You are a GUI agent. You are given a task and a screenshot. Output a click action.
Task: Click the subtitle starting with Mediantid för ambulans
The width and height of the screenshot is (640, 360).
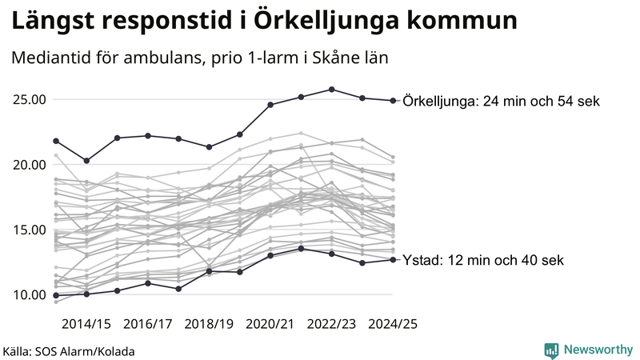(200, 59)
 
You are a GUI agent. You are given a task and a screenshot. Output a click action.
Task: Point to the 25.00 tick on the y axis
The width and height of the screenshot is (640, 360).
(29, 100)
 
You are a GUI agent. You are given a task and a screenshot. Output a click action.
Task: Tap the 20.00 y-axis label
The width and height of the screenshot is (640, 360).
(29, 165)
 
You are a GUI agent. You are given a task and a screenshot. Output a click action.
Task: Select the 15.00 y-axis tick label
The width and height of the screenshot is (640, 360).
(29, 230)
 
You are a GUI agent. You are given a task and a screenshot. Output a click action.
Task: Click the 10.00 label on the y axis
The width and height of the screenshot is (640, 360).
(29, 294)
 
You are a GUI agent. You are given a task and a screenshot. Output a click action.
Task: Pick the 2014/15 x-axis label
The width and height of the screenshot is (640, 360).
(86, 324)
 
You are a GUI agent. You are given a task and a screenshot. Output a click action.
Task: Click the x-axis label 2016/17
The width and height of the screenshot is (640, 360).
(148, 324)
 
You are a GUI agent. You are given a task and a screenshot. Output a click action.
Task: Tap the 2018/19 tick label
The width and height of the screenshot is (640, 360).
(209, 324)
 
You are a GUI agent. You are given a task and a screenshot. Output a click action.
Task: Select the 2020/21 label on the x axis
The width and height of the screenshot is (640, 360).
(270, 324)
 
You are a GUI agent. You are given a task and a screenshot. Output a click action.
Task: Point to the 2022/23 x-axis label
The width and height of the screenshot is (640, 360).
(331, 324)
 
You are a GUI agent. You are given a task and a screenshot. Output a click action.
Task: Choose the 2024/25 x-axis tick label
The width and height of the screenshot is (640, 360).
(392, 324)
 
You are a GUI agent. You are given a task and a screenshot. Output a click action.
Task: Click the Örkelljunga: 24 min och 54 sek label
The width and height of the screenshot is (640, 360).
(502, 102)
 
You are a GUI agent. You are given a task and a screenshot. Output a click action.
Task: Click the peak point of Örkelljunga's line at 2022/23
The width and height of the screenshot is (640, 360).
(332, 90)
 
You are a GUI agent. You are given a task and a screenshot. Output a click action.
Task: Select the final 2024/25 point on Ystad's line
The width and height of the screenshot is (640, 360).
(393, 260)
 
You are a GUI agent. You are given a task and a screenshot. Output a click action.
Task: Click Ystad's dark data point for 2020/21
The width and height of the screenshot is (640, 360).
(270, 255)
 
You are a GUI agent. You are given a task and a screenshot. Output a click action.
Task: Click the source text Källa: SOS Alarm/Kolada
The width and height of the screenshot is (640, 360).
(68, 351)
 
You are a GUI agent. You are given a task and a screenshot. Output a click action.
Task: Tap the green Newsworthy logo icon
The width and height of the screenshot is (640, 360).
(551, 350)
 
